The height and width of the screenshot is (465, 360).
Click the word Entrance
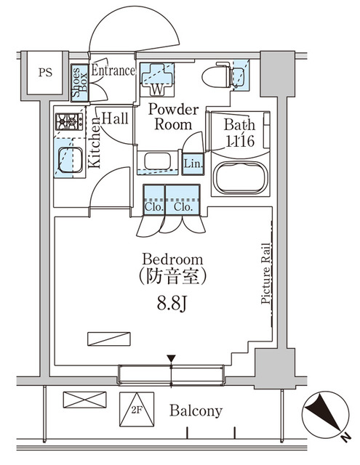pos(113,71)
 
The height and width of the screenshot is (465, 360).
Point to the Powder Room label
pos(173,117)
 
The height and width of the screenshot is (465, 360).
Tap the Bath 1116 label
pos(239,133)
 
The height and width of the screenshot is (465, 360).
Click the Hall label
pos(115,118)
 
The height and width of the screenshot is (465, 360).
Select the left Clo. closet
pos(153,205)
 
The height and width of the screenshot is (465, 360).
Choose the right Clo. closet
pos(183,205)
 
